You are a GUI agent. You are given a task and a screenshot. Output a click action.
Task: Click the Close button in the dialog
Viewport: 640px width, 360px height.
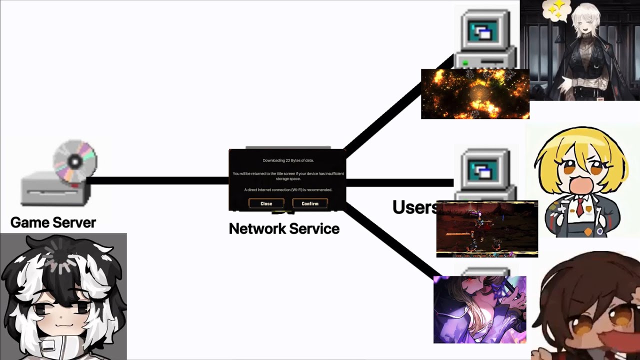(266, 203)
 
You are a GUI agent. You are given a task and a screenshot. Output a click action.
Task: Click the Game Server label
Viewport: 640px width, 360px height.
(53, 222)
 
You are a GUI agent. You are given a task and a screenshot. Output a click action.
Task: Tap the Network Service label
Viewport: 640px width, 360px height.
(284, 228)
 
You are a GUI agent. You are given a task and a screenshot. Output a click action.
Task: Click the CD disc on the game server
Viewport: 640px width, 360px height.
(75, 161)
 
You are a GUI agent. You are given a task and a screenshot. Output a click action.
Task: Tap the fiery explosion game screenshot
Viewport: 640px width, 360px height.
(475, 94)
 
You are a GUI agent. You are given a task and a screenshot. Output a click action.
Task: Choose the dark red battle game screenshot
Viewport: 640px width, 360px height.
(487, 229)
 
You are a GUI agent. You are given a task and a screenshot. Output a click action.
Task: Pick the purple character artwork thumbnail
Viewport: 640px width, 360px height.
(479, 309)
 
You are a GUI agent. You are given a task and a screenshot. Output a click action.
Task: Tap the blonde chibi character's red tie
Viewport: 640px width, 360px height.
(579, 206)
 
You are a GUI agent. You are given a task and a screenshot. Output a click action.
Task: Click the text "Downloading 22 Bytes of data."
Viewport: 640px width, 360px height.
(288, 160)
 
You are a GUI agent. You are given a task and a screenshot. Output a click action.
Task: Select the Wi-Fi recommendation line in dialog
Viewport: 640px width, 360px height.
(288, 190)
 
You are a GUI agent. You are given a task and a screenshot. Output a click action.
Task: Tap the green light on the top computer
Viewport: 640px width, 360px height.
(465, 63)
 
